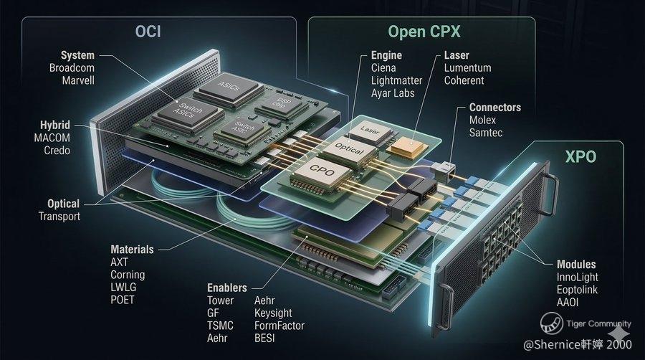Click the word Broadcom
pyautogui.click(x=72, y=67)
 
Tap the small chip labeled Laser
pyautogui.click(x=370, y=131)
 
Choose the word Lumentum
pyautogui.click(x=467, y=67)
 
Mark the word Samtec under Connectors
pyautogui.click(x=486, y=133)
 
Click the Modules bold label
pyautogui.click(x=576, y=265)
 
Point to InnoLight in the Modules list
pyautogui.click(x=577, y=278)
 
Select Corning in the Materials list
pyautogui.click(x=128, y=275)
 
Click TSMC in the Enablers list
pyautogui.click(x=220, y=326)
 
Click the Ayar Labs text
pyautogui.click(x=392, y=93)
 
